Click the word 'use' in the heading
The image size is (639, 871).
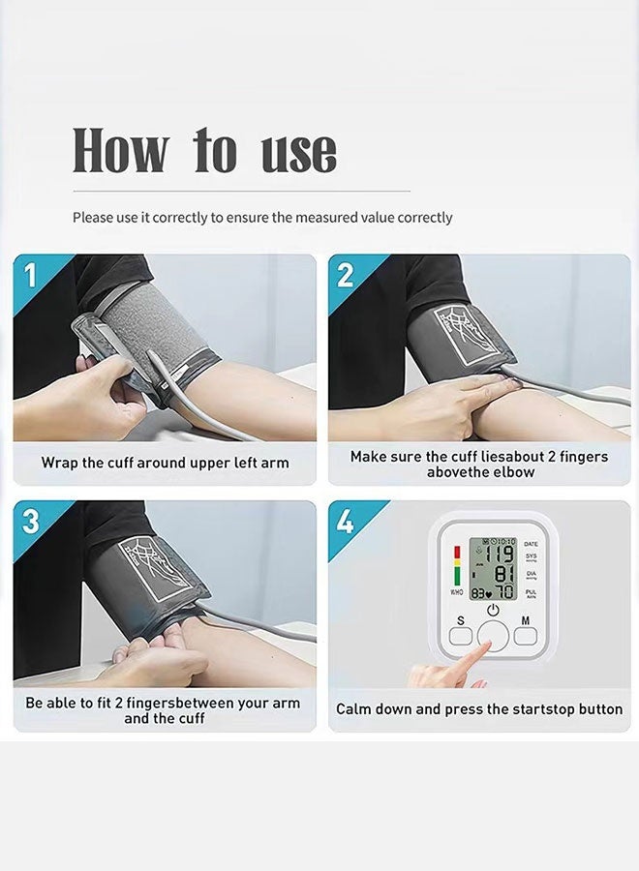(299, 153)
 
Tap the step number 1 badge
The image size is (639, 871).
(29, 275)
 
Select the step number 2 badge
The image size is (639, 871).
(345, 275)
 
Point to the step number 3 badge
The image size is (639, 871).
(31, 521)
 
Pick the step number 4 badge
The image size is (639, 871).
(345, 521)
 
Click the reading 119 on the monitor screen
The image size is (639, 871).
(500, 555)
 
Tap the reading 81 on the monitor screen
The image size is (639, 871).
(504, 573)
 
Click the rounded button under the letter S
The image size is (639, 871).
(461, 636)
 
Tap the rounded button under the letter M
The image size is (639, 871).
(525, 636)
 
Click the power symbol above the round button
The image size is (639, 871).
(493, 611)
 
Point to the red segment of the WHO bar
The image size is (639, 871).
(457, 553)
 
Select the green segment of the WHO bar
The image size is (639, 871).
(457, 576)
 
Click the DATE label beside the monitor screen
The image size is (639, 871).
(531, 544)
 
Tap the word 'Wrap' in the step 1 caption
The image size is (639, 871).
(59, 464)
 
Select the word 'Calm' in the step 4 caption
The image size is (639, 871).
(353, 709)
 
